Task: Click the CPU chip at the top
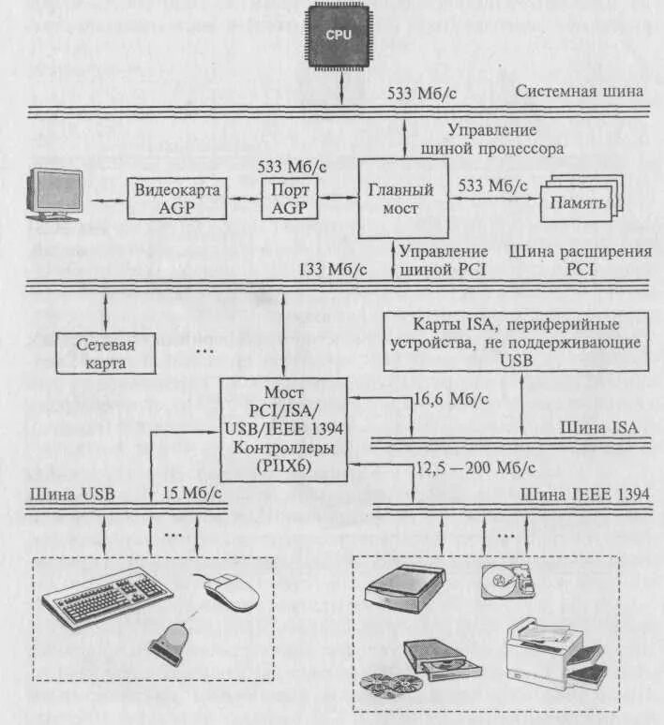pyautogui.click(x=339, y=35)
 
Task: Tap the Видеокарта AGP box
pyautogui.click(x=178, y=199)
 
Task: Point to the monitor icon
pyautogui.click(x=56, y=194)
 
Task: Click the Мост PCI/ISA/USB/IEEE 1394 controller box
pyautogui.click(x=283, y=429)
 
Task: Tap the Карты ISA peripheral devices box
pyautogui.click(x=517, y=342)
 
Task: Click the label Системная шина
pyautogui.click(x=580, y=91)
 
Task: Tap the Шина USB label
pyautogui.click(x=66, y=493)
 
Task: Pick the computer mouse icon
pyautogui.click(x=231, y=590)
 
